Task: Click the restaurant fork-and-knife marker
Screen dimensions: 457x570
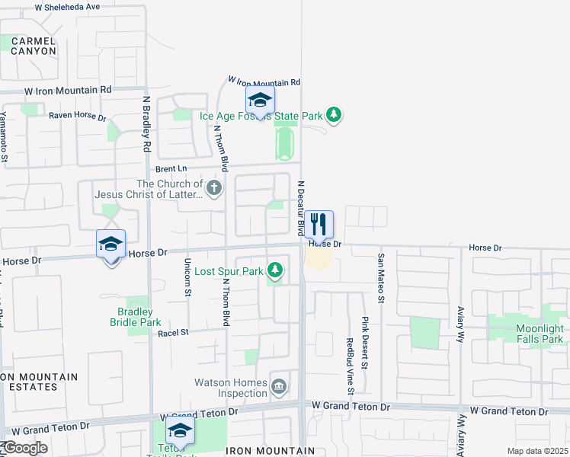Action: pos(319,225)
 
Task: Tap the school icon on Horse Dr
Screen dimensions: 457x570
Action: pos(110,245)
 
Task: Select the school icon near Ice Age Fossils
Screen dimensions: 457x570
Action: pos(260,101)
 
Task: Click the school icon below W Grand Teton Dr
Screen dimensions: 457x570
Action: pos(180,431)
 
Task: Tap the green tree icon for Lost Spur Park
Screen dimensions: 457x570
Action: pos(275,270)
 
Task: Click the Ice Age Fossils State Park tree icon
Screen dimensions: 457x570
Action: pos(333,116)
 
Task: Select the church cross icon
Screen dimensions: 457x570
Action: pos(214,187)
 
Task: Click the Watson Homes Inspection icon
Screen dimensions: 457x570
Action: pos(280,387)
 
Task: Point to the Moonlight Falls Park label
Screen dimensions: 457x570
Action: pos(529,333)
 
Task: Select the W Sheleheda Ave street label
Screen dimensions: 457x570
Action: pos(67,6)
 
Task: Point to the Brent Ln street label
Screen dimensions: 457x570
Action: pos(171,168)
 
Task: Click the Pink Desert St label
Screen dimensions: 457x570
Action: pos(364,344)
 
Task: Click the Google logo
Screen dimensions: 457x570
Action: pos(24,448)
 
